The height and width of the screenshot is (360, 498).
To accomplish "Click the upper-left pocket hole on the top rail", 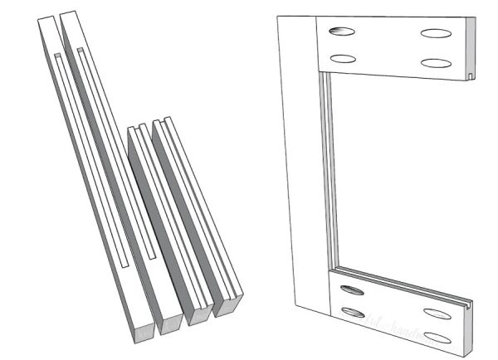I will pyautogui.click(x=341, y=32).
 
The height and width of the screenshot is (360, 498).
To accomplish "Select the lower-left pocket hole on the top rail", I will pyautogui.click(x=341, y=59).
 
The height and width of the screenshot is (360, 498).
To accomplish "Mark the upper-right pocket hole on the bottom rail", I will pyautogui.click(x=437, y=314).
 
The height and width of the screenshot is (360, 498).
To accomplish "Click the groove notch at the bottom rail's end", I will pyautogui.click(x=471, y=305).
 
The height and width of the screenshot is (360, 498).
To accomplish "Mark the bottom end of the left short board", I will pyautogui.click(x=199, y=314).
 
